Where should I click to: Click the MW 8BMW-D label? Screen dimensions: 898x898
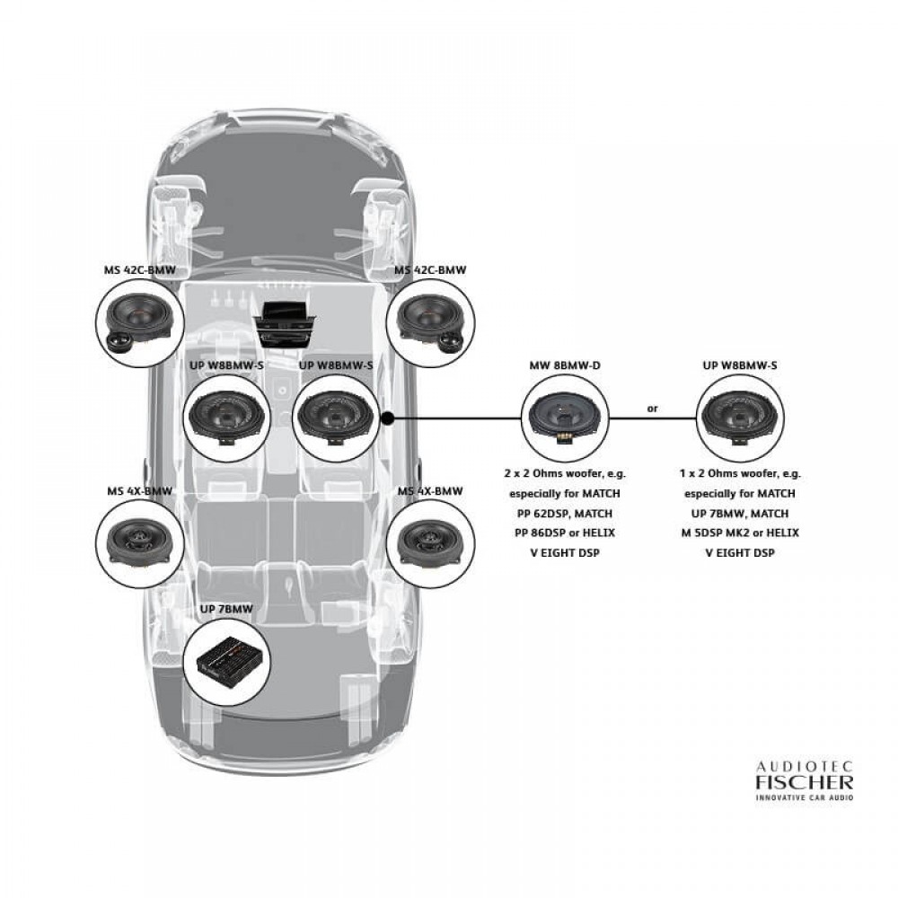(x=565, y=365)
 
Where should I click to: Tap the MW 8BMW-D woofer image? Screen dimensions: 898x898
(x=565, y=418)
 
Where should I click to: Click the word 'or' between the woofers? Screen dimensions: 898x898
(x=652, y=409)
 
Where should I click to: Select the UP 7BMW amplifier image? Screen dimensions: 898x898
(x=228, y=663)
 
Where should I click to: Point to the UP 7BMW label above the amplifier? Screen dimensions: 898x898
(x=226, y=609)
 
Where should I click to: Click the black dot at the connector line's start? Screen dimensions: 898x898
(x=387, y=418)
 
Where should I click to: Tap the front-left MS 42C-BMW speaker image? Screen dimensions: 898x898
(x=140, y=323)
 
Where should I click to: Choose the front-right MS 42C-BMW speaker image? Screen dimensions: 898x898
(x=431, y=323)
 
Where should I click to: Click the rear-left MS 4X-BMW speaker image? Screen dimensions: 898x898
(x=140, y=543)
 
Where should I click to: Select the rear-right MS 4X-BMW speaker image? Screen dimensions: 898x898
(x=431, y=543)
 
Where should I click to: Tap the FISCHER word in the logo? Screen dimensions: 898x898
(x=805, y=782)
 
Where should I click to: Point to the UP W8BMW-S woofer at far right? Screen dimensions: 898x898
(x=740, y=418)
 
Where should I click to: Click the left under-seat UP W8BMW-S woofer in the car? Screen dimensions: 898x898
(x=227, y=418)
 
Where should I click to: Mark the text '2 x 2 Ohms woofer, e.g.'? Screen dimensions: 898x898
(x=565, y=473)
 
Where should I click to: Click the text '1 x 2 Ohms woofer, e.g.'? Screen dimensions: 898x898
(x=740, y=473)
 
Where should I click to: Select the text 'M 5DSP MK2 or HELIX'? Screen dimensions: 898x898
(x=740, y=533)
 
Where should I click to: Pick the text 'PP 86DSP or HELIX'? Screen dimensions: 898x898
(x=565, y=533)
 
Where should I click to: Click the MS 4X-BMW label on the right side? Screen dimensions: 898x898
(x=430, y=491)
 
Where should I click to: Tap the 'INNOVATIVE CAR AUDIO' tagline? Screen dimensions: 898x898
(x=805, y=797)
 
